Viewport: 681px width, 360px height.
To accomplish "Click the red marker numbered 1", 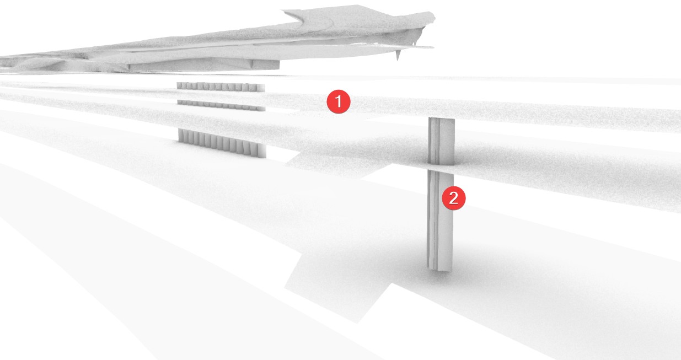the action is [x=339, y=101].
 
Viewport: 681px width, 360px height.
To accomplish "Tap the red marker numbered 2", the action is [x=454, y=198].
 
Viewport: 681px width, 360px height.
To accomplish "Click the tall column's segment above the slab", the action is [x=442, y=141].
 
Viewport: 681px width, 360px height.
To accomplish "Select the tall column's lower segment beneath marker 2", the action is [x=440, y=221].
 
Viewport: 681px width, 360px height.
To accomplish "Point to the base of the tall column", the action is [x=439, y=268].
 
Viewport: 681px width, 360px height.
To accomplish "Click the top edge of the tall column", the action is [x=442, y=119].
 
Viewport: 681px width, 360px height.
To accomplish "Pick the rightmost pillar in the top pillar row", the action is [x=261, y=88].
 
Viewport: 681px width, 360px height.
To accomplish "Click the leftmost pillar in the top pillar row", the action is [x=179, y=86].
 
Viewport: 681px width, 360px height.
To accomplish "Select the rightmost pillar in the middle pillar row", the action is [x=261, y=109].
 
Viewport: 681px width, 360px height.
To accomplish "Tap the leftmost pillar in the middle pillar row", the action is [x=179, y=102].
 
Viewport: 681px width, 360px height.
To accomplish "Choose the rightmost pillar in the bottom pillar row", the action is [x=262, y=151].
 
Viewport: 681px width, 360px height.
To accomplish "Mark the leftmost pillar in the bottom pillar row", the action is [x=180, y=135].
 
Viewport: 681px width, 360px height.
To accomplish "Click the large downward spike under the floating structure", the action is [x=398, y=55].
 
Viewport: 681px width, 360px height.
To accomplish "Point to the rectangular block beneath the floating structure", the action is [x=266, y=65].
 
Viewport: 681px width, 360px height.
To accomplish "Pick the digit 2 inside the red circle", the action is [x=454, y=198].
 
